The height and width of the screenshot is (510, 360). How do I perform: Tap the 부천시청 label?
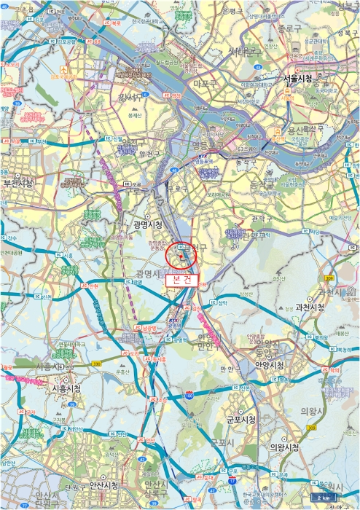point(18,184)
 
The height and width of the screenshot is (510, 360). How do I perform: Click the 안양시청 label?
point(270,365)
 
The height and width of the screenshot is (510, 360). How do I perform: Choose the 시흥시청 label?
point(70,389)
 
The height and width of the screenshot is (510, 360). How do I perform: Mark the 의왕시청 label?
point(285,447)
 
